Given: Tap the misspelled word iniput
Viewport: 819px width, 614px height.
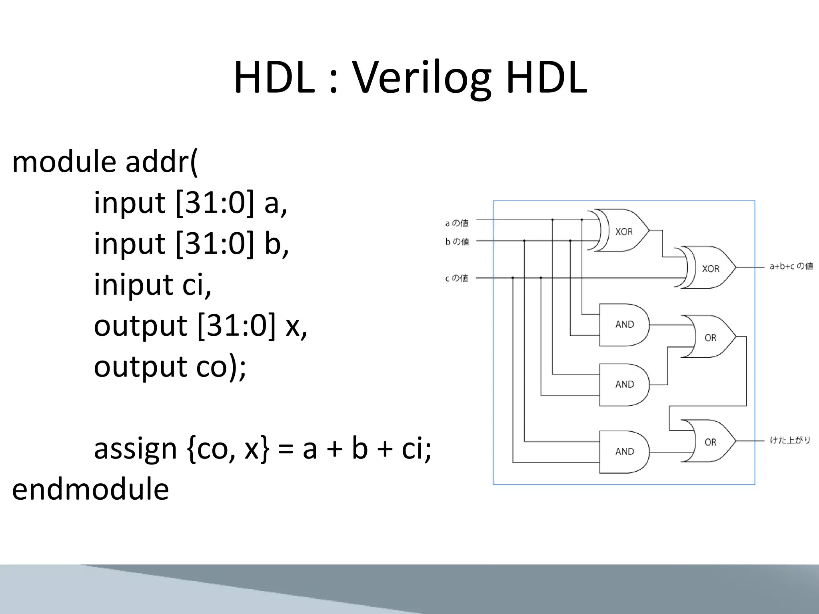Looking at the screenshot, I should pyautogui.click(x=133, y=284).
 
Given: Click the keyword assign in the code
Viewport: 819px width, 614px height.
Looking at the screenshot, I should pyautogui.click(x=135, y=449).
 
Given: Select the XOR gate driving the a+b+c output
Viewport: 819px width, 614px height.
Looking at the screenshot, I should pyautogui.click(x=709, y=268).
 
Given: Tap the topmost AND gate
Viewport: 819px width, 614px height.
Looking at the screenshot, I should pyautogui.click(x=624, y=325).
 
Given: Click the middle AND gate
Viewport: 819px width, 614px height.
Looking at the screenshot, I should pyautogui.click(x=624, y=385).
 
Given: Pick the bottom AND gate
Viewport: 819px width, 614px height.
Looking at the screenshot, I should pyautogui.click(x=624, y=452).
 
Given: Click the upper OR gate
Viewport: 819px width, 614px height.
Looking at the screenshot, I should pyautogui.click(x=709, y=337).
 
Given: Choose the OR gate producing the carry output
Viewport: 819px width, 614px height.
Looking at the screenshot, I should pyautogui.click(x=709, y=441).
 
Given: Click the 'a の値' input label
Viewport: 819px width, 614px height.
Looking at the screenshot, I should pyautogui.click(x=457, y=223).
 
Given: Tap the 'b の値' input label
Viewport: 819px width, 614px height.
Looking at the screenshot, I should pyautogui.click(x=457, y=241).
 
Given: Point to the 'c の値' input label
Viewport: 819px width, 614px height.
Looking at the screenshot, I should pyautogui.click(x=456, y=278).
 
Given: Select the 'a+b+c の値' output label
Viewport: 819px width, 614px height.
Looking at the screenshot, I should pyautogui.click(x=791, y=266).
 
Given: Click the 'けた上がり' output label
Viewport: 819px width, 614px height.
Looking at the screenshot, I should pyautogui.click(x=790, y=441).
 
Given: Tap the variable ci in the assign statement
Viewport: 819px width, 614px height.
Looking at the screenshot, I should pyautogui.click(x=416, y=449).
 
